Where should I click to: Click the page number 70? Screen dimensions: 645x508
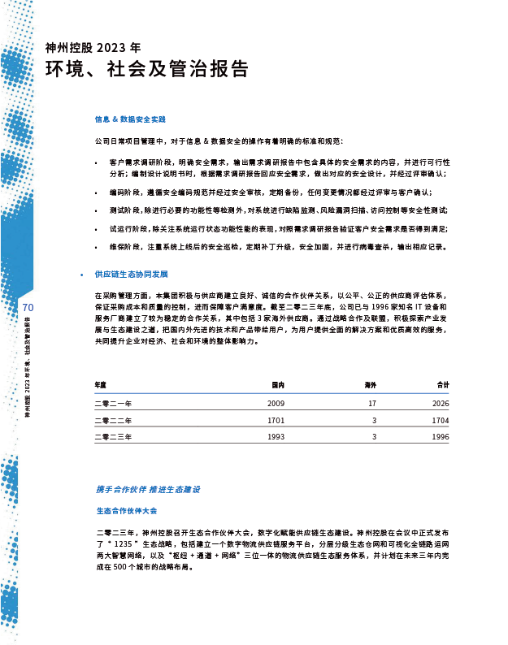click(28, 308)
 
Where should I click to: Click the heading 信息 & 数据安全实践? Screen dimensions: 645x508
click(130, 119)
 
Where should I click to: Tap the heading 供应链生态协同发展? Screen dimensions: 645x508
click(132, 275)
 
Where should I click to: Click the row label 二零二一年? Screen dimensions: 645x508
click(113, 403)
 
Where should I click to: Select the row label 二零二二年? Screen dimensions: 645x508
click(113, 421)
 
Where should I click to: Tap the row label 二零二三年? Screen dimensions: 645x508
click(113, 437)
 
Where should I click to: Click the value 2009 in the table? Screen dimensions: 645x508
click(276, 403)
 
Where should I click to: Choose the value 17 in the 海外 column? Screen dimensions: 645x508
click(372, 403)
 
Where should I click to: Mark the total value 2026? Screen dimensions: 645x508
click(441, 403)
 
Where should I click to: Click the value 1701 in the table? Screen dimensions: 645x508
click(276, 421)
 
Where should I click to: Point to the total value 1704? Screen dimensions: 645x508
click(441, 421)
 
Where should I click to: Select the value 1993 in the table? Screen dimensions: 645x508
click(276, 437)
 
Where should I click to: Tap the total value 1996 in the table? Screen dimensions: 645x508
click(441, 437)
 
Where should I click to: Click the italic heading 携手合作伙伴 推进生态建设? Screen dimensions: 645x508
click(148, 490)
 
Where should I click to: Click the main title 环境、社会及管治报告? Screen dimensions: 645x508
click(147, 70)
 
